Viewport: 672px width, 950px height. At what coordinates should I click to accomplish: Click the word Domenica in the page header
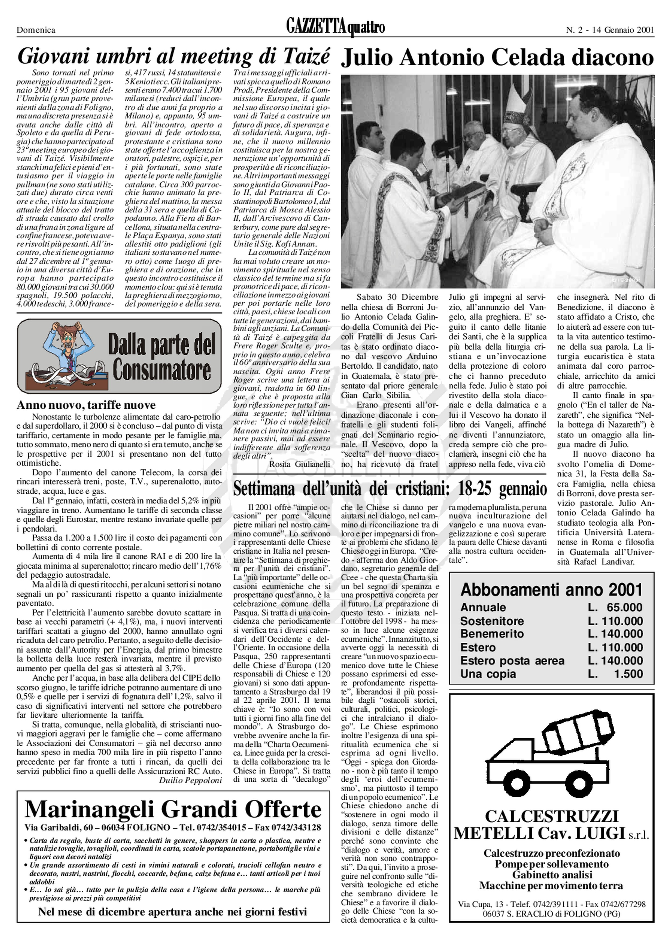click(36, 30)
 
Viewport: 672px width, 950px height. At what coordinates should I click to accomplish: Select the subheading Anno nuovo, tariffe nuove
click(86, 405)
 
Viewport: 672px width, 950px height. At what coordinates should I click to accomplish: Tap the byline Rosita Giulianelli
click(300, 464)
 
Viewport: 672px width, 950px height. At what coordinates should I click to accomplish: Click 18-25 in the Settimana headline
click(476, 489)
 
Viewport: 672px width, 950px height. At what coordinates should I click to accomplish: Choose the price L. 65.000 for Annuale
click(615, 607)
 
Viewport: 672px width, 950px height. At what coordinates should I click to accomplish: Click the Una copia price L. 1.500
click(615, 674)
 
